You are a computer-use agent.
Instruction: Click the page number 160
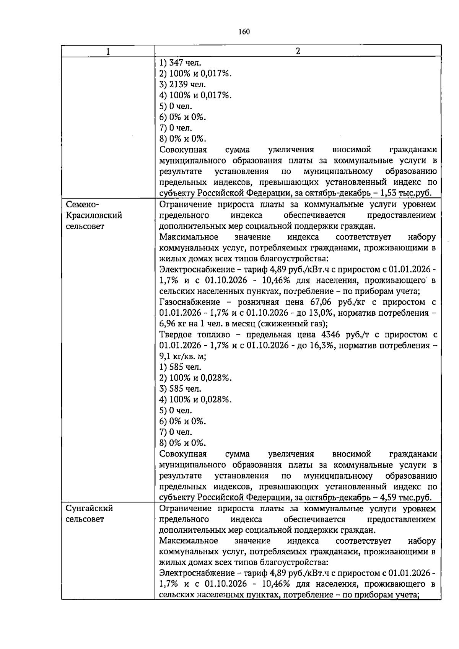244,32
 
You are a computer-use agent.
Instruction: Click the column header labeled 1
108,52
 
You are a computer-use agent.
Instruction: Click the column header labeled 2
298,52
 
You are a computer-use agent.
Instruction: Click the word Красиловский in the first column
94,215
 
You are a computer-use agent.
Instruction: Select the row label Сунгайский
89,509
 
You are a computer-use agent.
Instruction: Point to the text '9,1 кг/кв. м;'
183,357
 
